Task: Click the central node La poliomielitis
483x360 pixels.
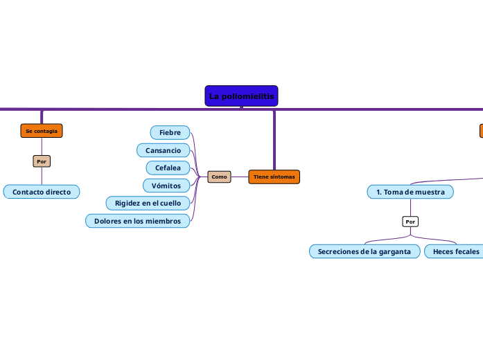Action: point(241,96)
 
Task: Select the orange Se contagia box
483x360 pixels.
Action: point(42,131)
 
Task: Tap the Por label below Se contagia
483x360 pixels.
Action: point(42,161)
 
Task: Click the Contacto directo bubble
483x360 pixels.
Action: point(42,192)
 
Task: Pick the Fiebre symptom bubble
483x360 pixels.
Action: point(170,132)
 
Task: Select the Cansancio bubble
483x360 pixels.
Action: point(163,150)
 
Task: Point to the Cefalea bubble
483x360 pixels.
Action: point(168,168)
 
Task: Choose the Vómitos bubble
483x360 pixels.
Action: point(166,186)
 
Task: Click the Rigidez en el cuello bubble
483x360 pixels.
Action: point(148,203)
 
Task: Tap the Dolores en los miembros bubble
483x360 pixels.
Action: point(137,221)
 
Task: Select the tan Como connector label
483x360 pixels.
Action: point(219,177)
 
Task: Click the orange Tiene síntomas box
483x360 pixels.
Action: point(274,177)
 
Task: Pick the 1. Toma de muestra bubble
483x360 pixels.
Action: point(410,192)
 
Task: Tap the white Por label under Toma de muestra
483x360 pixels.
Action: point(410,222)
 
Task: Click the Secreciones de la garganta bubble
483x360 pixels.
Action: point(364,251)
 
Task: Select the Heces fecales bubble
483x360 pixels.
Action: point(454,251)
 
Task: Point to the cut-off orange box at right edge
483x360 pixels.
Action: point(481,131)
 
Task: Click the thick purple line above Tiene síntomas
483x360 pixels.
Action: point(274,138)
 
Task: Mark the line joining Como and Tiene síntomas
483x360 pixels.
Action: point(240,177)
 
